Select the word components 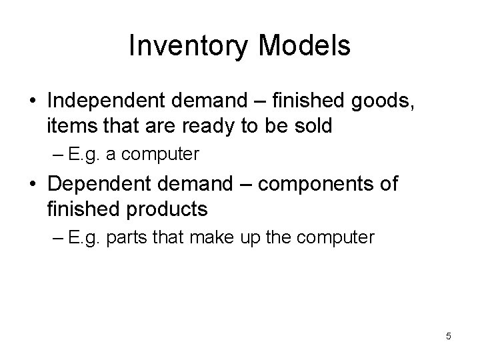316,184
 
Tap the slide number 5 449,336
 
